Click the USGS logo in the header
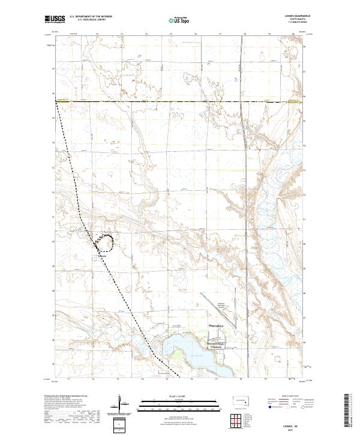55,20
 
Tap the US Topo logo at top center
175,20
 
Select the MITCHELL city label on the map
216,326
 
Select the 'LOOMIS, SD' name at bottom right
298,424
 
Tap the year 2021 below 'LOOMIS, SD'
298,428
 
